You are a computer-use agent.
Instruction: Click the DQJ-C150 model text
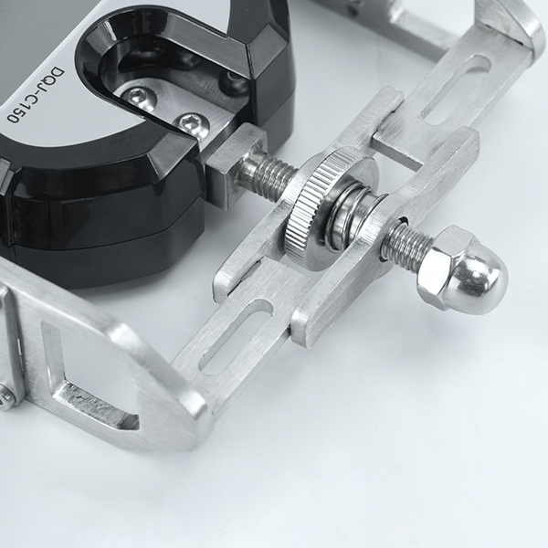[36, 94]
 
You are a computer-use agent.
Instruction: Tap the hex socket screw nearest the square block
[191, 124]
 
